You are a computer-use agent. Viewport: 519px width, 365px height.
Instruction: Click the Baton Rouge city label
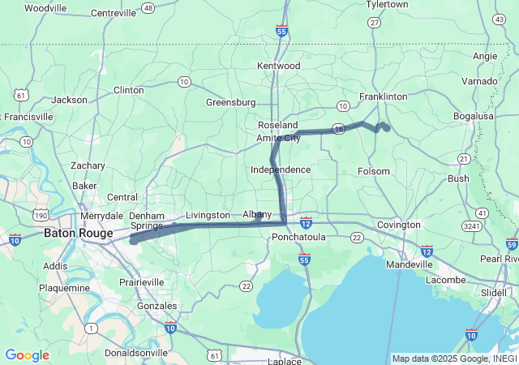(78, 233)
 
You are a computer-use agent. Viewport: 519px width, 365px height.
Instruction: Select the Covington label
(398, 225)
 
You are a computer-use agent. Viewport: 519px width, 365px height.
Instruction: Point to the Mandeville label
(409, 264)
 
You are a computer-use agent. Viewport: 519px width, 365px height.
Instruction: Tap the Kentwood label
(278, 66)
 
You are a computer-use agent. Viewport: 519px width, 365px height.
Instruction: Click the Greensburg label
(230, 102)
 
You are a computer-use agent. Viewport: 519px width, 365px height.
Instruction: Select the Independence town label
(281, 170)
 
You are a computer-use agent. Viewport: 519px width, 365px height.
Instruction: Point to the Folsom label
(374, 171)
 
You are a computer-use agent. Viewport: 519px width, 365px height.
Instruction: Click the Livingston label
(208, 215)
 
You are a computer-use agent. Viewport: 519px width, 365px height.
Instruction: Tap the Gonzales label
(157, 306)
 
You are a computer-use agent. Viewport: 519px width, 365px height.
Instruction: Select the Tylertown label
(387, 5)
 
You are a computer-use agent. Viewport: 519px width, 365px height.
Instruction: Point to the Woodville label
(46, 8)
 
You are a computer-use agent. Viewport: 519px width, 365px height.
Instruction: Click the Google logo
(27, 355)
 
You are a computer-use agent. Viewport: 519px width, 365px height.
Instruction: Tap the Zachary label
(88, 165)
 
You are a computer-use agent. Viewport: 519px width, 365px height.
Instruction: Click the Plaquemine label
(64, 288)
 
